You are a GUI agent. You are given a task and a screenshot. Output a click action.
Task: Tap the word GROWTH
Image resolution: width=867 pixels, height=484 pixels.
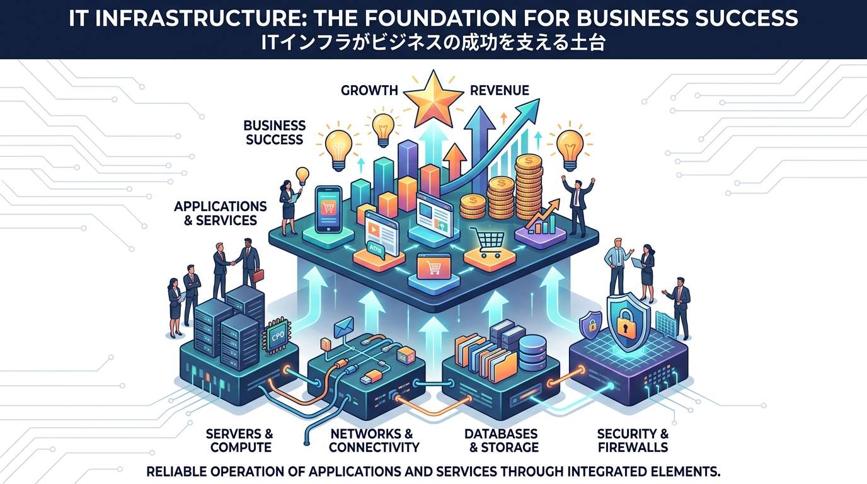(369, 91)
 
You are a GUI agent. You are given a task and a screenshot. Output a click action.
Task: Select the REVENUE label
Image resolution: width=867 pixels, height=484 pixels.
(499, 91)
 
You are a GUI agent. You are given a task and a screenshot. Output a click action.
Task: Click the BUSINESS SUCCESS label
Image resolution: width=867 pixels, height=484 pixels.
(275, 132)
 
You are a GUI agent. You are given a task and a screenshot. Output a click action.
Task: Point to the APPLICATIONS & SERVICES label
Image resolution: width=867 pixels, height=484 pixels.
(221, 214)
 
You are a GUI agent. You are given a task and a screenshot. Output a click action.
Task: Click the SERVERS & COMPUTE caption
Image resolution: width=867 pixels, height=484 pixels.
(239, 441)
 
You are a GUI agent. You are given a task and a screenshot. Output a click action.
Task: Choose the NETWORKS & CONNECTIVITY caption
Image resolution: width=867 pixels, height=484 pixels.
(374, 441)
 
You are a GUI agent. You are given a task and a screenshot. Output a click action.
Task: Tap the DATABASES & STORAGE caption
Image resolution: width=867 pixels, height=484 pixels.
(502, 441)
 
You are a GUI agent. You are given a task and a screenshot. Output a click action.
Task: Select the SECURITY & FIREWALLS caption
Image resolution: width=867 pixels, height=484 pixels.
(633, 441)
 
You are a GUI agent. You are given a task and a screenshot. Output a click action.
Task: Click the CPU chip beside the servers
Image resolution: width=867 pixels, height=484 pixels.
(277, 336)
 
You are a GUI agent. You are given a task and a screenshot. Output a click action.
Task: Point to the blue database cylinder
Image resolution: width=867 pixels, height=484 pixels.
(532, 353)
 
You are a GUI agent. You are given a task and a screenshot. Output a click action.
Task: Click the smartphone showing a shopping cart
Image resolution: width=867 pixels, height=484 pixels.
(328, 209)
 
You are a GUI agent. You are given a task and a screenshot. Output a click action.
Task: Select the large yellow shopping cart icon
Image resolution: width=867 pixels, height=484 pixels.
(488, 243)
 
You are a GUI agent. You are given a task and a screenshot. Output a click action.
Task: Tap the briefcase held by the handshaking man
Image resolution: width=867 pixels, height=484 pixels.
(258, 275)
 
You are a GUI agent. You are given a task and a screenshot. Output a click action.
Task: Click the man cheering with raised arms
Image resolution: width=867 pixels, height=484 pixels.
(578, 206)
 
